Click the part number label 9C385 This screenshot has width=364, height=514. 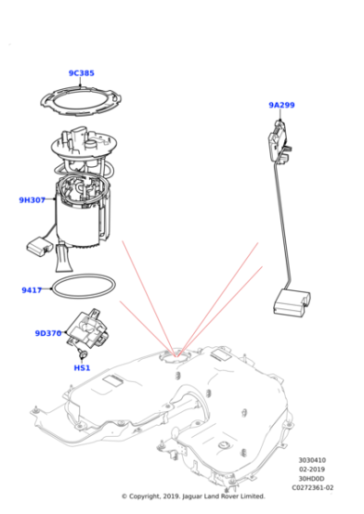(x=81, y=73)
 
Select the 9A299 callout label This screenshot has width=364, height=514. (x=281, y=106)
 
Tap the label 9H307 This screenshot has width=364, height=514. (x=32, y=199)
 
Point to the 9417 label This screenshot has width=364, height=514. (x=31, y=290)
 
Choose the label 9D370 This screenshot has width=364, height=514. (x=49, y=333)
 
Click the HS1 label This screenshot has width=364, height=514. (x=82, y=368)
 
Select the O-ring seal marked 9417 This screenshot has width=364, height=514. (x=84, y=287)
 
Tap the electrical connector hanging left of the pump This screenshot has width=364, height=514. (x=40, y=247)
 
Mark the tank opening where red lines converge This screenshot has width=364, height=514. (x=175, y=352)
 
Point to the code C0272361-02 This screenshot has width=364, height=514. (x=313, y=488)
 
